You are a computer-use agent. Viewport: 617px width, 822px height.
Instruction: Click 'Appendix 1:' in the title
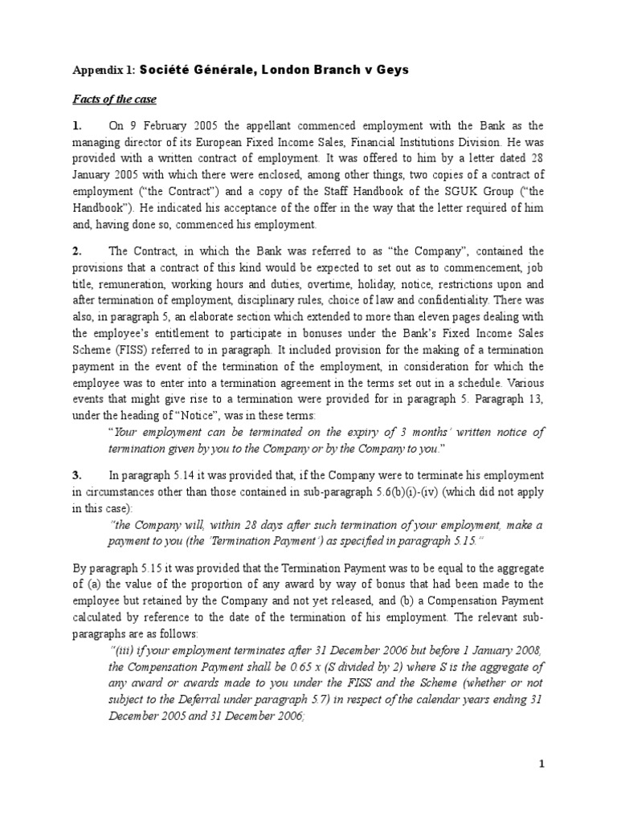(x=105, y=70)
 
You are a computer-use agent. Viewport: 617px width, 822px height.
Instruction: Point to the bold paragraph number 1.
(x=77, y=126)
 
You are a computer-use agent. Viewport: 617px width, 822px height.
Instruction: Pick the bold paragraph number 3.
(x=77, y=476)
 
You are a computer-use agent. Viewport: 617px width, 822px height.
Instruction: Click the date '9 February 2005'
(x=170, y=126)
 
